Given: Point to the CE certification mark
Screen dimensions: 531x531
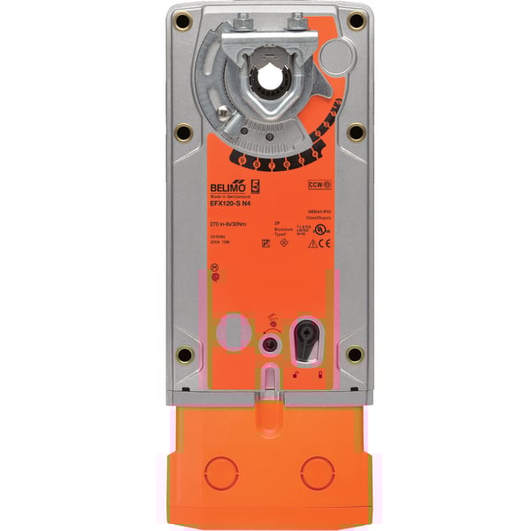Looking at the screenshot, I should coord(325,244).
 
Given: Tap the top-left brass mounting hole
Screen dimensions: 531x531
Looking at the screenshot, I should coord(183,20).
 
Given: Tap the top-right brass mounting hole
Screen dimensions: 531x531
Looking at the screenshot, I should coord(356,20).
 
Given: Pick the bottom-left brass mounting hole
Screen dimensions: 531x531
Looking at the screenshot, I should coord(184,354).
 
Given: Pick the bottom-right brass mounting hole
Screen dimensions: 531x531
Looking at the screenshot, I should coord(355,354).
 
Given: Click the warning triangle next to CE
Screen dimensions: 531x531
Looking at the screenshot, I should coord(312,244).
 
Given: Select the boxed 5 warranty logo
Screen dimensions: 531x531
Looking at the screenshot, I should coord(258,187).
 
